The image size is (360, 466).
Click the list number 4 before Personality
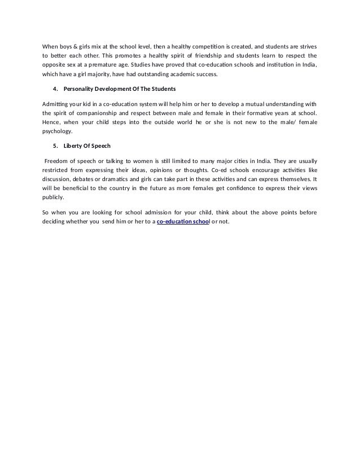click(54, 89)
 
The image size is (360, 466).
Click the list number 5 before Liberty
click(54, 147)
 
